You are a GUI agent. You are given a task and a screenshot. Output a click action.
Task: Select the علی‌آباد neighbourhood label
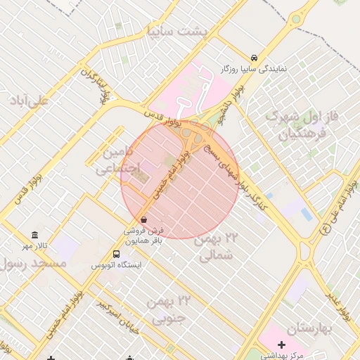pyautogui.click(x=29, y=101)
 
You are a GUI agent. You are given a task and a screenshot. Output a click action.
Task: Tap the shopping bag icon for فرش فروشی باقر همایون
pyautogui.click(x=144, y=219)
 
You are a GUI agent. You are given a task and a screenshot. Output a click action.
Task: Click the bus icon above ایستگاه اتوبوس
pyautogui.click(x=116, y=254)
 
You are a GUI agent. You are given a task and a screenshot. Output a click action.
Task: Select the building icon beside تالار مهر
pyautogui.click(x=34, y=235)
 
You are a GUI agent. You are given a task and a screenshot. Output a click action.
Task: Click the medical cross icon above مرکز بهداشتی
pyautogui.click(x=282, y=344)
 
